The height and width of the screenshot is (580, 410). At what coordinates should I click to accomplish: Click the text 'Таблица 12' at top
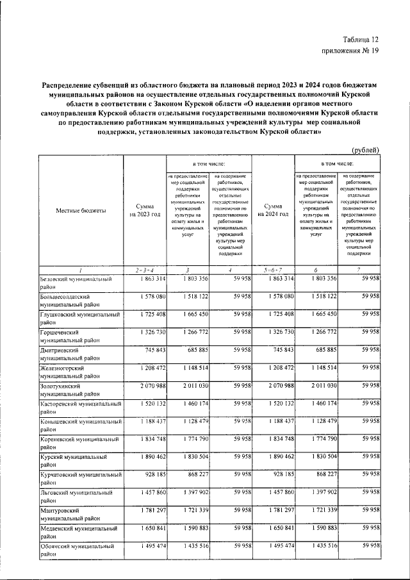[361, 40]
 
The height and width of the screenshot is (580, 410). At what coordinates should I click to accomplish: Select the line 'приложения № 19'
[350, 53]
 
